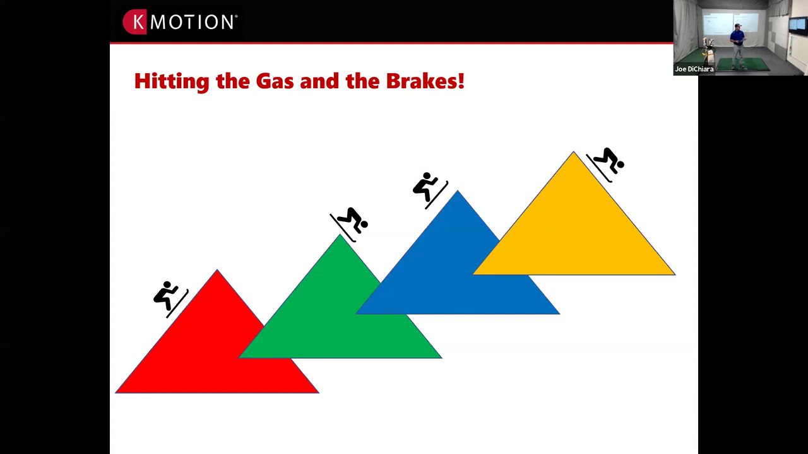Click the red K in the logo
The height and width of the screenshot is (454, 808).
[135, 21]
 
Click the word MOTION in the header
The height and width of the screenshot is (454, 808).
[192, 22]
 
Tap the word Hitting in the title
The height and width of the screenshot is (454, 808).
[172, 81]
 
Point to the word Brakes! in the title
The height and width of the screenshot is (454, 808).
[425, 81]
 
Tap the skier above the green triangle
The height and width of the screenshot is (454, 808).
[349, 224]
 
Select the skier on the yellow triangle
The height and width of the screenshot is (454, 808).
[605, 165]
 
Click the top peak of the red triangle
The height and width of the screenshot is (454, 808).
[217, 269]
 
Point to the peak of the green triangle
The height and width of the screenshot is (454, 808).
[340, 235]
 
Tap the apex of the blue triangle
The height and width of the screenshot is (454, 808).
[458, 190]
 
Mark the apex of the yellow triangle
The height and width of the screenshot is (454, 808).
[574, 152]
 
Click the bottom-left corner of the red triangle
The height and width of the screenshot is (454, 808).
[116, 393]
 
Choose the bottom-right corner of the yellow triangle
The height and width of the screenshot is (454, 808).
[675, 275]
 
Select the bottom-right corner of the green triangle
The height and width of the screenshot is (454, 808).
[442, 358]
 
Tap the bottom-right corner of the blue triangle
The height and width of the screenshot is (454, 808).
[560, 314]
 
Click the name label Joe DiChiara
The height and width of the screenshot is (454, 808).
[694, 69]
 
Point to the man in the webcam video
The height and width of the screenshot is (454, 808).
[738, 47]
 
